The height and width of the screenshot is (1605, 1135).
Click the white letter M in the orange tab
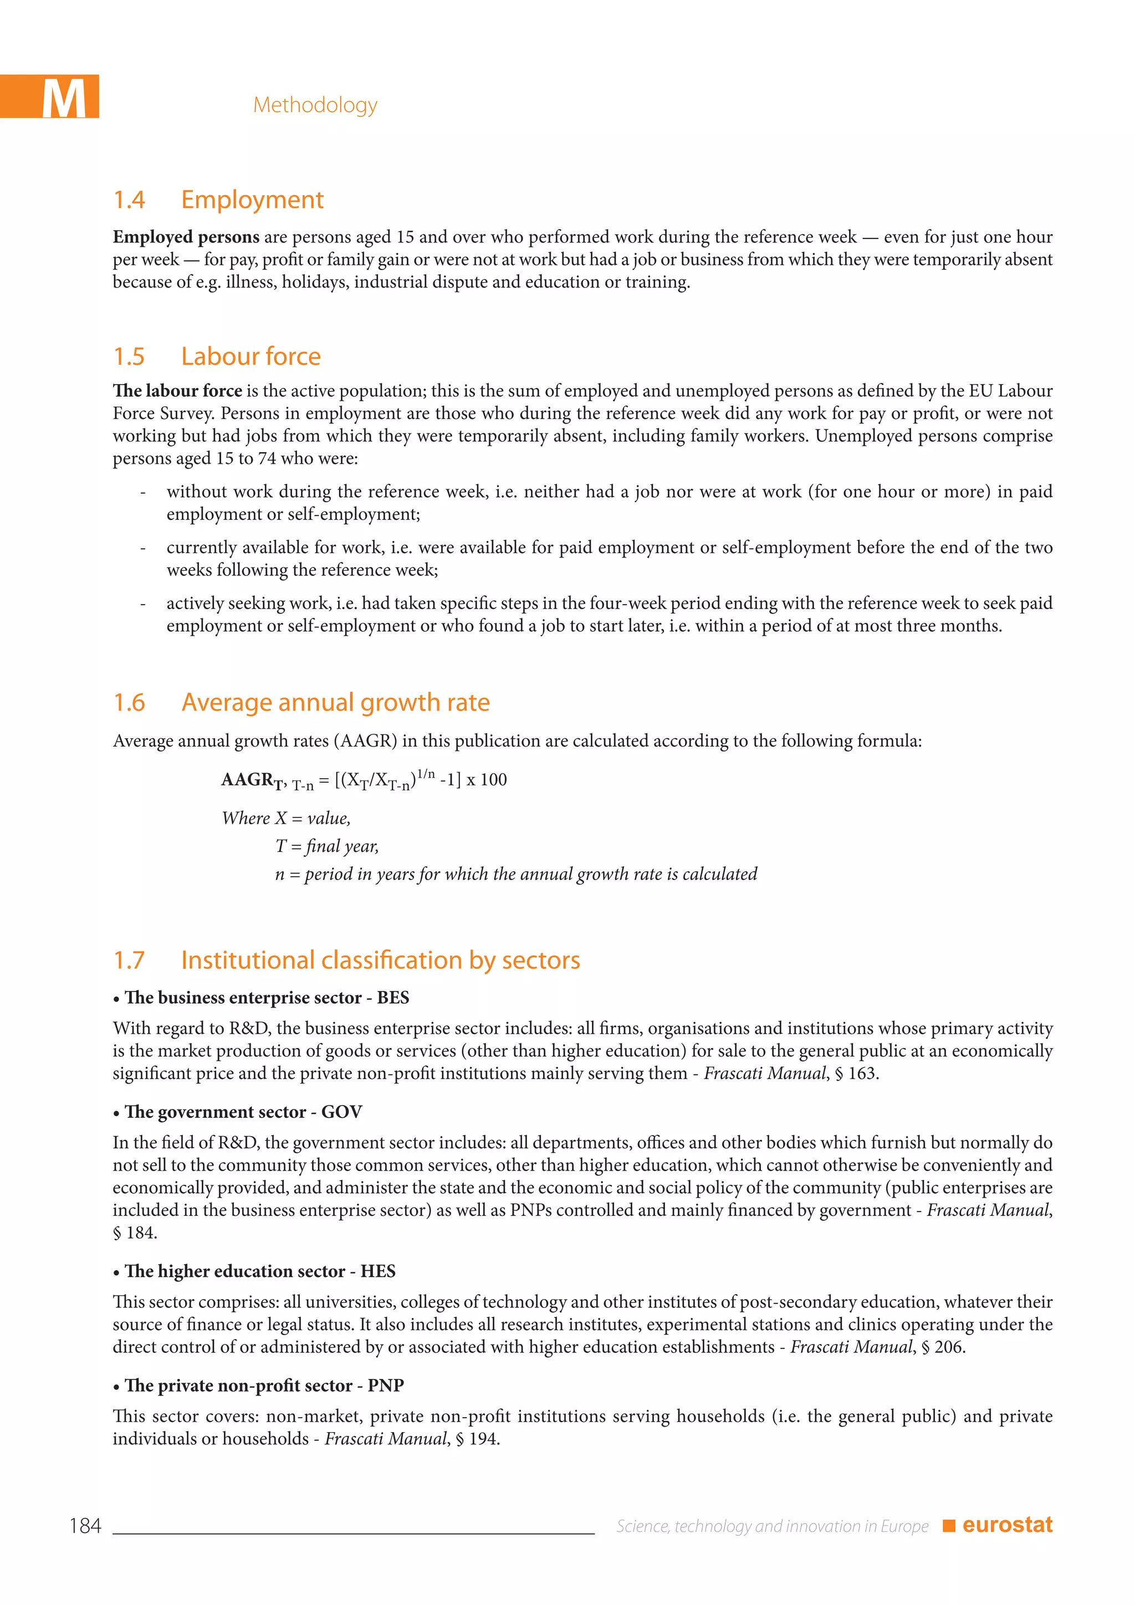64,99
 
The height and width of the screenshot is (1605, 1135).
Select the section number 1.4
129,200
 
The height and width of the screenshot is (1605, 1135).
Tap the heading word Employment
252,200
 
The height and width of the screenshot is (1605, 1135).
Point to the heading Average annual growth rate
335,702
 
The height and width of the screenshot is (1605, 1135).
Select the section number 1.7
129,960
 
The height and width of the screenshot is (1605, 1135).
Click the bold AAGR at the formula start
247,779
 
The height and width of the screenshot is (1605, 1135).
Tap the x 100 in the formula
487,780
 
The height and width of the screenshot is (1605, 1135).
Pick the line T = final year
326,846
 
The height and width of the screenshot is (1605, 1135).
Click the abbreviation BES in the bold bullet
393,998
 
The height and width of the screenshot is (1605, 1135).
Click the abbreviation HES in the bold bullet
378,1271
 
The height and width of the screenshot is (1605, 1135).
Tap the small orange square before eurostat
948,1526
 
